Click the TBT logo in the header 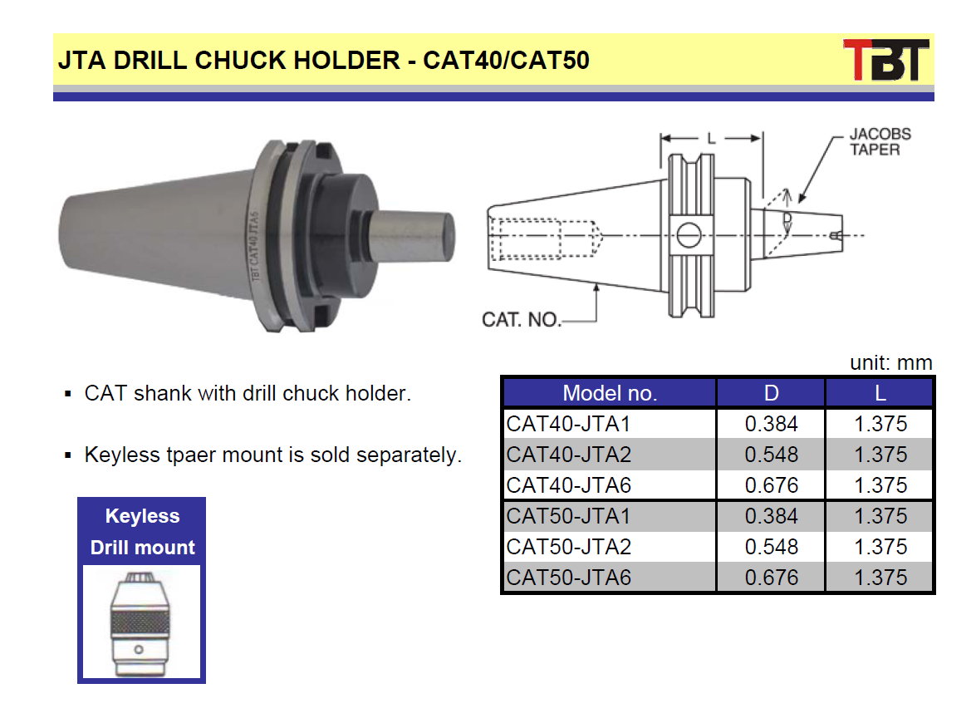(x=885, y=60)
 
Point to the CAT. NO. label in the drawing (x=521, y=319)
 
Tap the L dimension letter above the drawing (x=712, y=138)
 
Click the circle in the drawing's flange (x=689, y=235)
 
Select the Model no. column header (x=610, y=393)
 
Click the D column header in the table (x=771, y=393)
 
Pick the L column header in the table (x=880, y=393)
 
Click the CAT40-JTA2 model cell (x=568, y=455)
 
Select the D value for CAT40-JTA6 (x=771, y=485)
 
